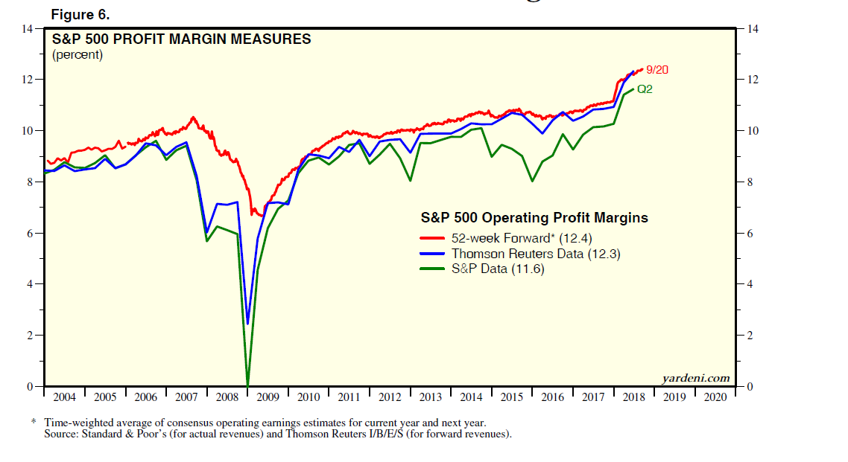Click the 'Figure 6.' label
[80, 15]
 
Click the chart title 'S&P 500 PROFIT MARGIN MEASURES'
[181, 39]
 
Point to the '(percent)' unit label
[77, 54]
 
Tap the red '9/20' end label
[657, 70]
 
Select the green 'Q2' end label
[645, 89]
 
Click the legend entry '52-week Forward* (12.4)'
[530, 238]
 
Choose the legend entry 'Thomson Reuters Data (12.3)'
[536, 254]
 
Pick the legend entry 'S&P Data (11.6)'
[498, 269]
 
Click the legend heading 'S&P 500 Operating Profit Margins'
[534, 218]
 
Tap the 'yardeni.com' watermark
[696, 379]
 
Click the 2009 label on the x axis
[268, 397]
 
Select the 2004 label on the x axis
[64, 397]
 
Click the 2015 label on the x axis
[512, 397]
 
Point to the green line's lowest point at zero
[247, 384]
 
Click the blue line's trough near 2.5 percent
[247, 323]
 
